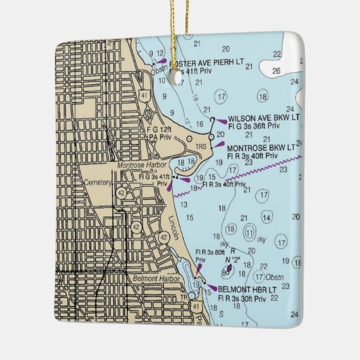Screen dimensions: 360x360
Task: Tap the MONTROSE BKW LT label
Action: coord(261,147)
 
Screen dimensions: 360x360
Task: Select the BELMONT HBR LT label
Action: coord(247,289)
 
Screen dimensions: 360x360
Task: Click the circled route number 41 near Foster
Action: coord(143,96)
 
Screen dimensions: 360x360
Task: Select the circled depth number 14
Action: coord(267,217)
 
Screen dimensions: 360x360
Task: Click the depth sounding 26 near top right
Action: coord(276,70)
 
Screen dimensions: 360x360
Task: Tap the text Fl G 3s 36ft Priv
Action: coord(254,126)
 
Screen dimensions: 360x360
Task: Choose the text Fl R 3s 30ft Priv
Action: coord(242,298)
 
